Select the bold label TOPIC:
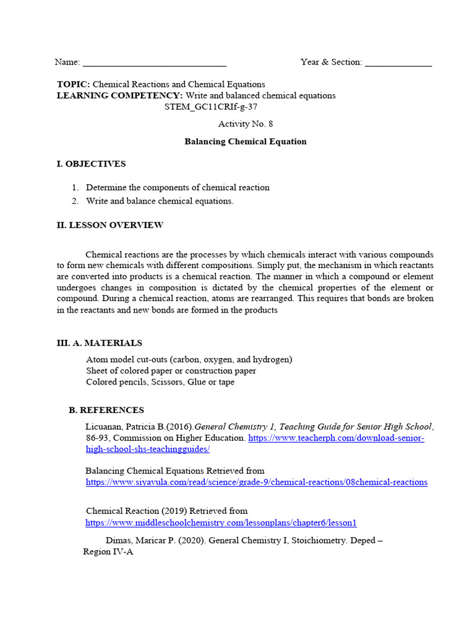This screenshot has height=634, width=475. click(x=74, y=84)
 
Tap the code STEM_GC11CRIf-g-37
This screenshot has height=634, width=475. click(x=210, y=106)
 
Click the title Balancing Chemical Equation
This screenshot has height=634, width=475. click(x=245, y=142)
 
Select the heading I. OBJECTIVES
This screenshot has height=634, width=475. click(x=91, y=164)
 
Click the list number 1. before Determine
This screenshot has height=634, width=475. click(x=75, y=188)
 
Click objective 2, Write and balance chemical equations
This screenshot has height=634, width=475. click(x=160, y=201)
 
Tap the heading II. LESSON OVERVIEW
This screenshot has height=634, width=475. click(x=109, y=225)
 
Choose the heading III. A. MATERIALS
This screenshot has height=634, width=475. click(x=99, y=343)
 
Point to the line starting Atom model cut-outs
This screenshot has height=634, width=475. click(x=189, y=360)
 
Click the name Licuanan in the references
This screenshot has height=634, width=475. click(x=102, y=427)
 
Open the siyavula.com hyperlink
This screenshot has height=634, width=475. click(x=256, y=482)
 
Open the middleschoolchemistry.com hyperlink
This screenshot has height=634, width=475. click(x=221, y=523)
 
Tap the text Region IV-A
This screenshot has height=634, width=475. click(x=108, y=552)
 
